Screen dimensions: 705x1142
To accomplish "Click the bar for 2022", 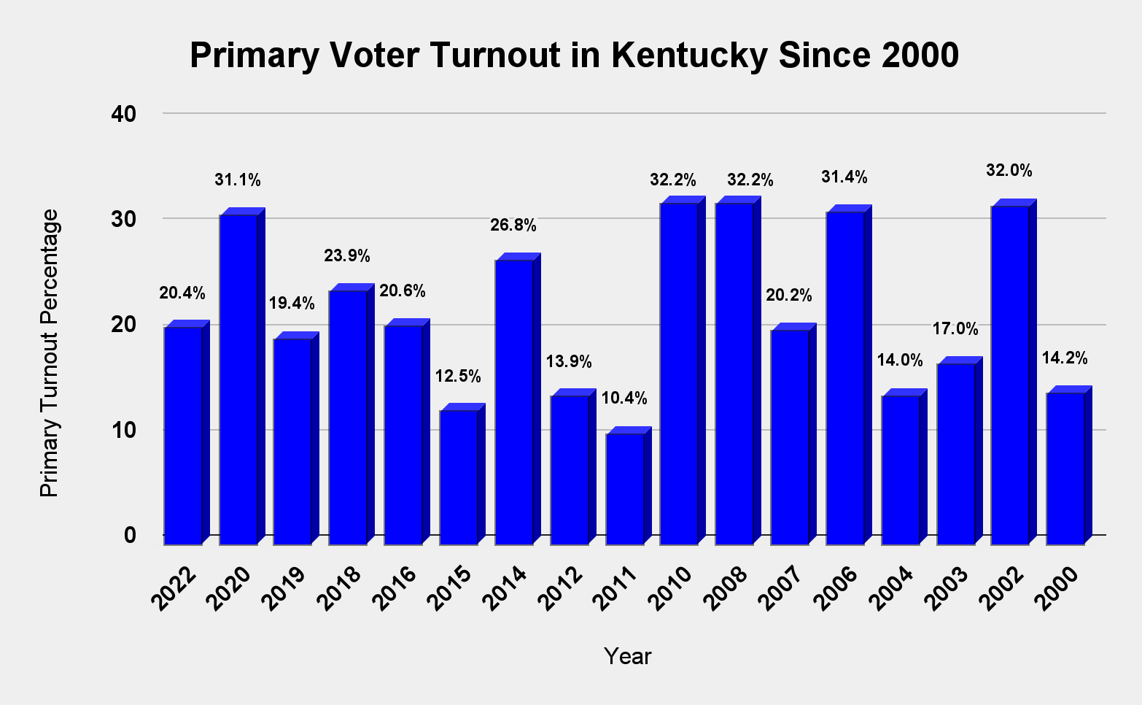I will (183, 435).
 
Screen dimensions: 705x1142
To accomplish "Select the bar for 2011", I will (625, 488).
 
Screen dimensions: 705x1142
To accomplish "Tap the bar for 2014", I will (514, 401).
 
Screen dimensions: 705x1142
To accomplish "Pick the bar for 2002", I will (1010, 374).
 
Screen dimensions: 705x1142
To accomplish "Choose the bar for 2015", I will (459, 477).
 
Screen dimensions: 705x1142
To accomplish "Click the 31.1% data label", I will (238, 180).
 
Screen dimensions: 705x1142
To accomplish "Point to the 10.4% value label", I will (624, 398).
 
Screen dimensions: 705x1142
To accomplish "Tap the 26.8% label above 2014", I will (513, 226).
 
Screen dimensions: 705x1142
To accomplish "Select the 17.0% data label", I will (955, 329).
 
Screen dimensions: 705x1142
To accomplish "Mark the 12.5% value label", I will (458, 377).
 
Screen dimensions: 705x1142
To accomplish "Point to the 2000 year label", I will (1061, 587).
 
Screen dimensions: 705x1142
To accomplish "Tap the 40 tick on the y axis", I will (123, 114).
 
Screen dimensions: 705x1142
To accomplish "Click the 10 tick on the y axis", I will (123, 430).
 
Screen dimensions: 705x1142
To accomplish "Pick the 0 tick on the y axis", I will (131, 535).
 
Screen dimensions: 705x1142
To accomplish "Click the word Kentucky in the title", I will (689, 55).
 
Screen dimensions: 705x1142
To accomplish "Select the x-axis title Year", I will (627, 657).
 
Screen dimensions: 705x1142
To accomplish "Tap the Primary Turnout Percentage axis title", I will (49, 353).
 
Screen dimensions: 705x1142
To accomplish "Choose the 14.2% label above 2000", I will (1065, 358).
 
